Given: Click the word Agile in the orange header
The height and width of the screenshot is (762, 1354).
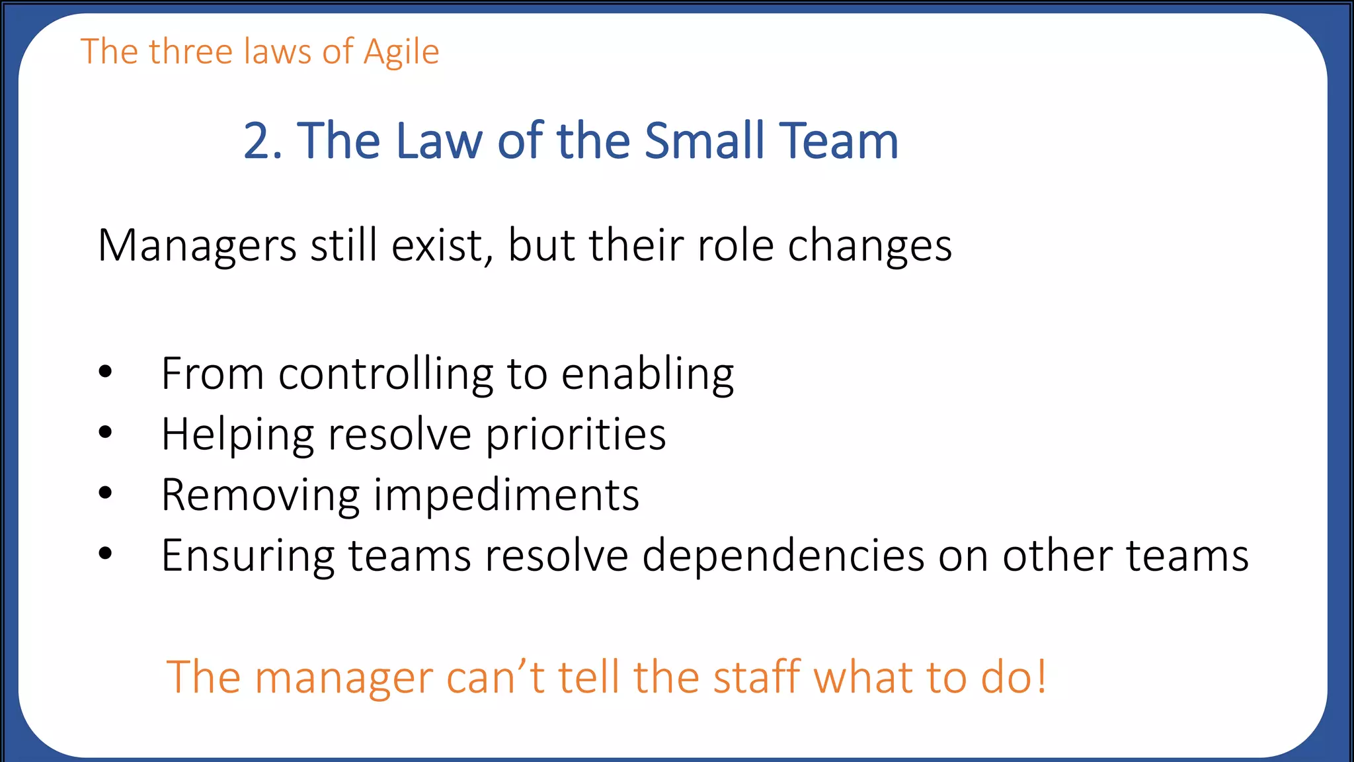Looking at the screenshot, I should [401, 53].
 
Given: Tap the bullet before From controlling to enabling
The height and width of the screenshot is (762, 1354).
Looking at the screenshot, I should [105, 372].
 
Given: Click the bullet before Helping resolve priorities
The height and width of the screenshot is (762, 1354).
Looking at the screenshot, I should [105, 433].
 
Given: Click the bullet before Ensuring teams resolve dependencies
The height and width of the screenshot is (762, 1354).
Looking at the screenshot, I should [105, 554].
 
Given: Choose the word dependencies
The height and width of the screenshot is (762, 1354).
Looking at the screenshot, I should [783, 556].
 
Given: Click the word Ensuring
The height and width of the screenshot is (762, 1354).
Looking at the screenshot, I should [248, 556].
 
